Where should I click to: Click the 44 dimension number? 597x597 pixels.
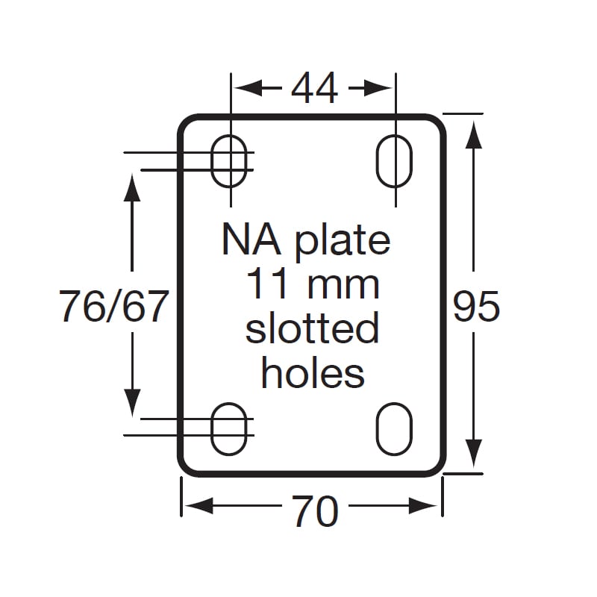314,88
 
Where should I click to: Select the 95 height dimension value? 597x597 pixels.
476,306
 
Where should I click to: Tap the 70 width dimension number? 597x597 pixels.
315,511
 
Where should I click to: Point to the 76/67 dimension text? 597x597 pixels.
113,306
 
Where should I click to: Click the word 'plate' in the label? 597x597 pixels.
343,243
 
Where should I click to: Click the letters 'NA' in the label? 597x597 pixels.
251,240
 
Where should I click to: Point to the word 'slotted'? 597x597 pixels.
312,328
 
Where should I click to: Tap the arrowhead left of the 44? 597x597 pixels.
249,88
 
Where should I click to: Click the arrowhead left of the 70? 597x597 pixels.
199,506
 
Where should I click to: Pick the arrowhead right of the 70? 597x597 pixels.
423,506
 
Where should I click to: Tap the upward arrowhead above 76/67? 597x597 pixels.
132,187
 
